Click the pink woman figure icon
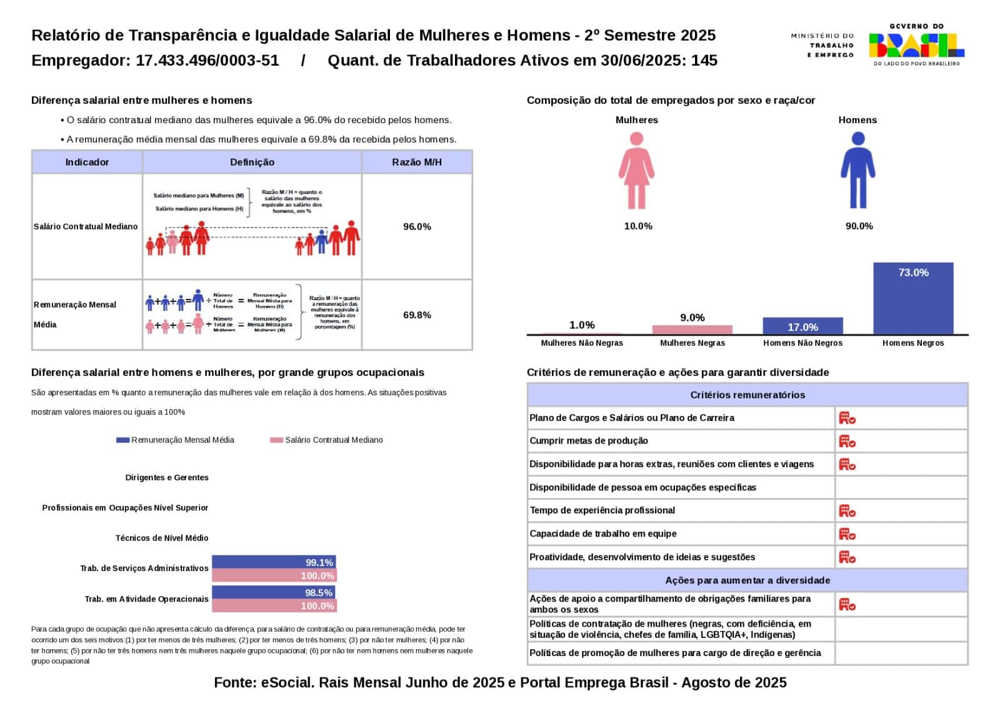pyautogui.click(x=636, y=171)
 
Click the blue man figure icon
pyautogui.click(x=857, y=171)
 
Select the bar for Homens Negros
pyautogui.click(x=913, y=298)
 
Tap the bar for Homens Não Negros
pyautogui.click(x=802, y=326)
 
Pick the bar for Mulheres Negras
pyautogui.click(x=692, y=330)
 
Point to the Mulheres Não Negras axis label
pyautogui.click(x=582, y=343)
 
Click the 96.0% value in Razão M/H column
pyautogui.click(x=417, y=226)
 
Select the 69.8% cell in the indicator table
pyautogui.click(x=417, y=315)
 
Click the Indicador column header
pyautogui.click(x=87, y=162)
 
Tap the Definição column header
pyautogui.click(x=252, y=162)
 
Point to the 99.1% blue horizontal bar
pyautogui.click(x=274, y=562)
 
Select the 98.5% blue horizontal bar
pyautogui.click(x=274, y=592)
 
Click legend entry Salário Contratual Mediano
pyautogui.click(x=326, y=440)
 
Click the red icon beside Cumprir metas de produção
pyautogui.click(x=847, y=441)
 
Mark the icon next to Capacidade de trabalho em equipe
pyautogui.click(x=847, y=534)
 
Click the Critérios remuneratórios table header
pyautogui.click(x=747, y=395)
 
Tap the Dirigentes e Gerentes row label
pyautogui.click(x=167, y=477)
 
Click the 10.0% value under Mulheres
pyautogui.click(x=638, y=226)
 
